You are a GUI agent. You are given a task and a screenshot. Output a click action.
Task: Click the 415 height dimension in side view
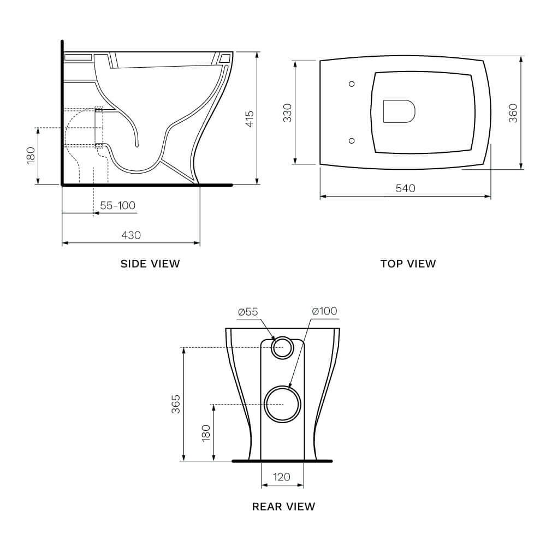point(249,118)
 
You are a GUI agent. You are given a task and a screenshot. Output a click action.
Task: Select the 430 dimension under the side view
point(130,235)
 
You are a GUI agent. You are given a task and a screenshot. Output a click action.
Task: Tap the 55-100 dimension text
point(117,205)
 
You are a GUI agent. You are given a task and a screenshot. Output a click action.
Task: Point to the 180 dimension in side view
point(31,155)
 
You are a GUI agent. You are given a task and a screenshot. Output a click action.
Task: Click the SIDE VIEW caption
point(150,264)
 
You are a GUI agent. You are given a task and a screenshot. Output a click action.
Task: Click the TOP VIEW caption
point(408,264)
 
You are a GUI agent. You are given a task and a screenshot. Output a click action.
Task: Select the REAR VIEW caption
point(283,506)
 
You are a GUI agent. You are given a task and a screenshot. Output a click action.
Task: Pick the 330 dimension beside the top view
point(288,112)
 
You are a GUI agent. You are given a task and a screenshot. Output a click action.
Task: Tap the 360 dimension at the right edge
point(513,112)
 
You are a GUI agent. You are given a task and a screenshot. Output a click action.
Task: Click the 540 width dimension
point(405,188)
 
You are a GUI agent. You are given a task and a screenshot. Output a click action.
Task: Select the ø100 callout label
point(324,311)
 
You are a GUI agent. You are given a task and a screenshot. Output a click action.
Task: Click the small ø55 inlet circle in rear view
point(282,347)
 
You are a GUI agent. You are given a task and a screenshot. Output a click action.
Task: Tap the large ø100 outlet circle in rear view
point(283,404)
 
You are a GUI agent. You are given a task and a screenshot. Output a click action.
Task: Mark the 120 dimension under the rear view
point(282,477)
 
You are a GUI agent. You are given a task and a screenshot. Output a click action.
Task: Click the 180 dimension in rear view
point(206,433)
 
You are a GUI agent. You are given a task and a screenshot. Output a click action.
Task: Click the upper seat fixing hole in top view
point(352,84)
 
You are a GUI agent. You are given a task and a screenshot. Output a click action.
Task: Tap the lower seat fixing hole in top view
point(352,140)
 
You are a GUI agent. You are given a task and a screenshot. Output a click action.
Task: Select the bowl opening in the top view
point(399,111)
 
